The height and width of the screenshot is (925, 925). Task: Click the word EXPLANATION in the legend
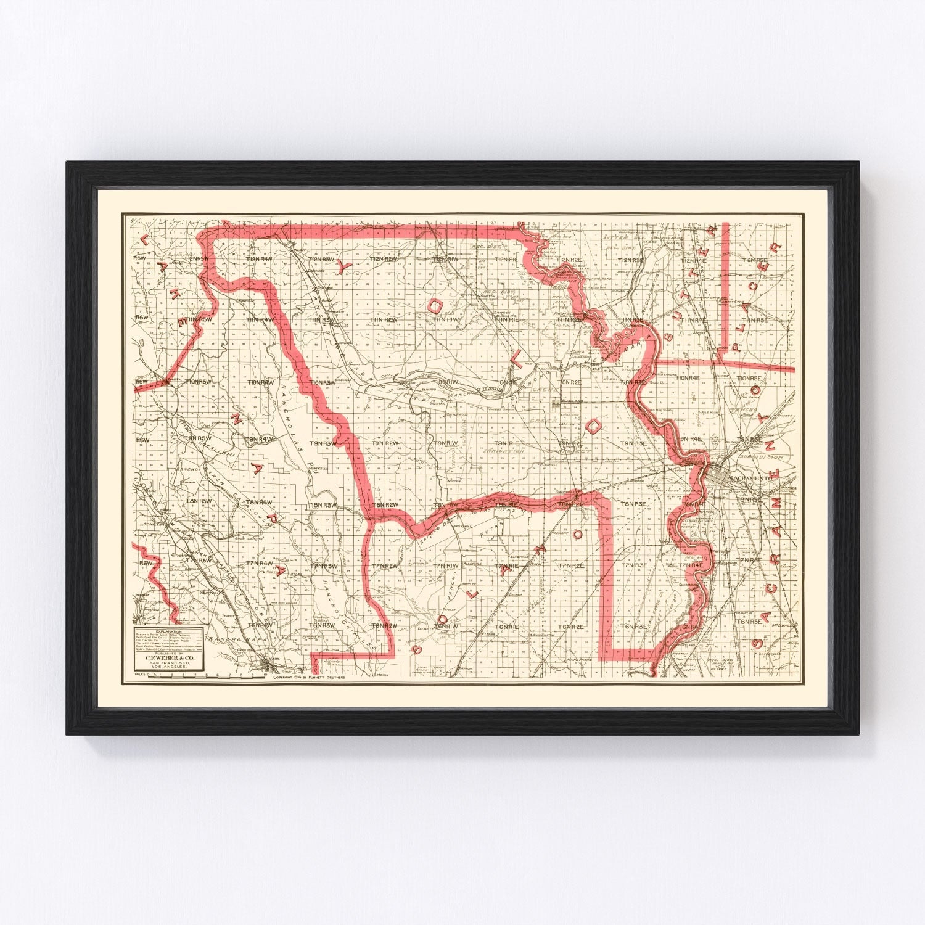[168, 632]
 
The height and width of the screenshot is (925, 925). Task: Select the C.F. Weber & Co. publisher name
[169, 658]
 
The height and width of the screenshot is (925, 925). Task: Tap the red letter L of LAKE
[146, 239]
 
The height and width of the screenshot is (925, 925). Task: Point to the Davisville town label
[569, 492]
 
